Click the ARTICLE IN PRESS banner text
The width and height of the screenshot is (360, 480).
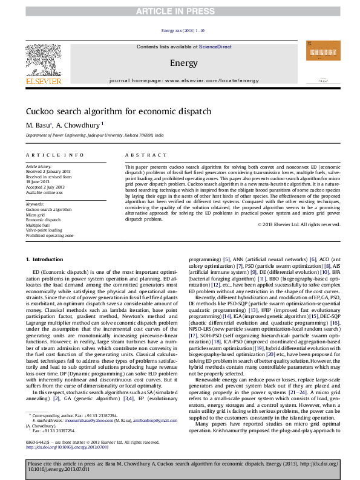point(180,11)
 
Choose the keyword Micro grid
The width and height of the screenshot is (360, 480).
point(36,215)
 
